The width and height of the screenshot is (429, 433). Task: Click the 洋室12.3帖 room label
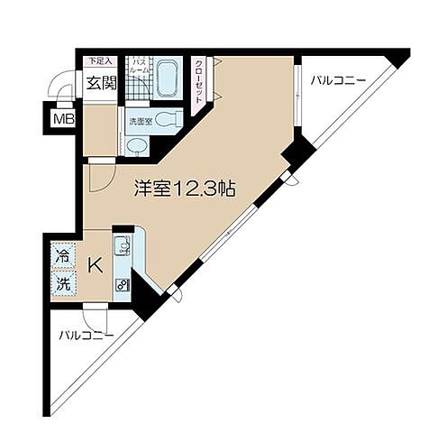(x=185, y=189)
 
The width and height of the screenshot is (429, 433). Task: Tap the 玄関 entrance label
(x=101, y=84)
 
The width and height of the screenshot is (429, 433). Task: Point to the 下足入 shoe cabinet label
(x=98, y=61)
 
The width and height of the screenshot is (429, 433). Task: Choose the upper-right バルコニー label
(x=338, y=81)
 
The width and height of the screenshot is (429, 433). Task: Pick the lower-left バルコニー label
(x=87, y=336)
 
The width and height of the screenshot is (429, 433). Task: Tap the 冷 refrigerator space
(x=62, y=255)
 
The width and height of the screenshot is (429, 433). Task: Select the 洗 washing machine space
(x=62, y=281)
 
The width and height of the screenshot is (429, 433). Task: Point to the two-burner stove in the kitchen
(x=122, y=284)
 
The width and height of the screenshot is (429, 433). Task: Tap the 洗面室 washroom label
(x=138, y=120)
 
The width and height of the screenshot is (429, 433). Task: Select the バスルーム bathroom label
(x=141, y=69)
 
